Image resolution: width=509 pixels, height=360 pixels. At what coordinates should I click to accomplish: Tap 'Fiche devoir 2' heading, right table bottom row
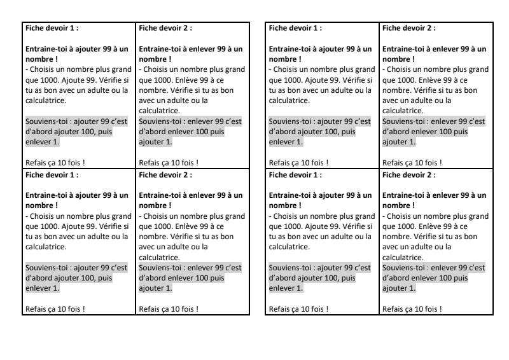click(x=408, y=173)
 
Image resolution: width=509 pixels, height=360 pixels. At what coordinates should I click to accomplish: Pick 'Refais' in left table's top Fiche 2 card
click(x=150, y=162)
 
